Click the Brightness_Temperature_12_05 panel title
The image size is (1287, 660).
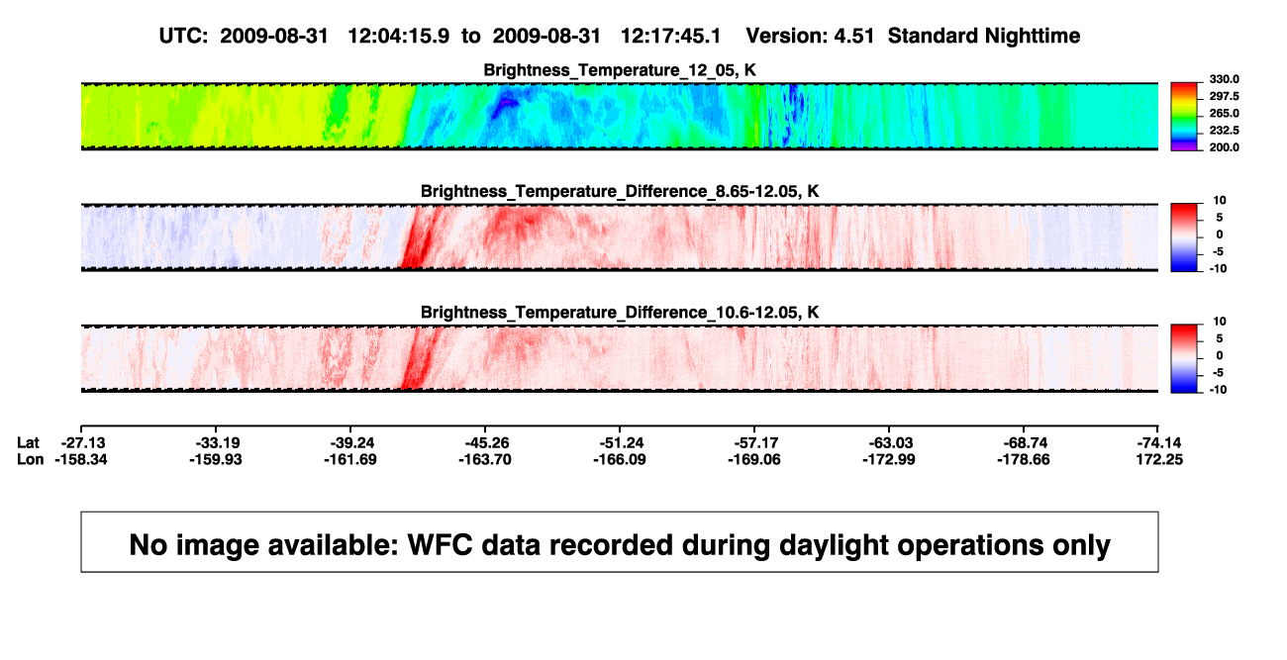(620, 70)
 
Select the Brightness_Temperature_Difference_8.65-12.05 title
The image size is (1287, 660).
(620, 191)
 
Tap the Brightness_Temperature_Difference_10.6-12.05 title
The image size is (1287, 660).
(620, 313)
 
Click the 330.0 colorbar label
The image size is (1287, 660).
(1224, 79)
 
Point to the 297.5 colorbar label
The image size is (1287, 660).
(1224, 96)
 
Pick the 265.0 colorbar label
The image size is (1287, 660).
(1224, 113)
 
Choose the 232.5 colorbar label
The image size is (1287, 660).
(1224, 131)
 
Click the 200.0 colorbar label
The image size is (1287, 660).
(1224, 147)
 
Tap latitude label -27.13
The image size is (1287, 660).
(83, 443)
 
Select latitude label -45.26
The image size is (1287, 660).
(487, 443)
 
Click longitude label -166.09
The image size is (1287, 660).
(620, 459)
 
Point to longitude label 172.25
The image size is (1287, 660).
(1159, 459)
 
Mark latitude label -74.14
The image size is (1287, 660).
(1159, 443)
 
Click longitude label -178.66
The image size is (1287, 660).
(1024, 459)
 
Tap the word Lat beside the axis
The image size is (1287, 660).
(28, 443)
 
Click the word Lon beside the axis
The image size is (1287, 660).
(30, 459)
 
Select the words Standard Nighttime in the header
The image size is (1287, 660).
(984, 36)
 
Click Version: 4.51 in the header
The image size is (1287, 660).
(810, 36)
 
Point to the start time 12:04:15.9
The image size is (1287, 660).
(399, 36)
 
